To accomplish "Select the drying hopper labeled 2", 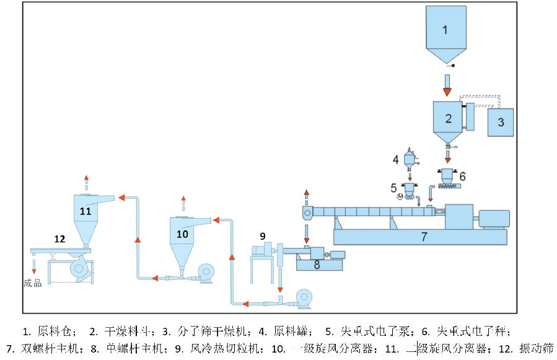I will [x=448, y=118].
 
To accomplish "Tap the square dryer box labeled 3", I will [x=501, y=121].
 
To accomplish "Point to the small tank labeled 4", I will [x=408, y=159].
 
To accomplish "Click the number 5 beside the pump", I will [x=394, y=187].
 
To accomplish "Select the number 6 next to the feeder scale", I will [x=462, y=176].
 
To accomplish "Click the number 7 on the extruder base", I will [x=424, y=236].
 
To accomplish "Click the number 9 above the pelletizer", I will [x=263, y=236].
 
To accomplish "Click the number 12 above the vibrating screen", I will [x=59, y=238].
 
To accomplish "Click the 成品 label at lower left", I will [x=33, y=283].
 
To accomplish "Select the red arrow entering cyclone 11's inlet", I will [x=123, y=197].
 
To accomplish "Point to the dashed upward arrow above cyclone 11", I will [x=86, y=181].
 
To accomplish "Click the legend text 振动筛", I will [x=536, y=348].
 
